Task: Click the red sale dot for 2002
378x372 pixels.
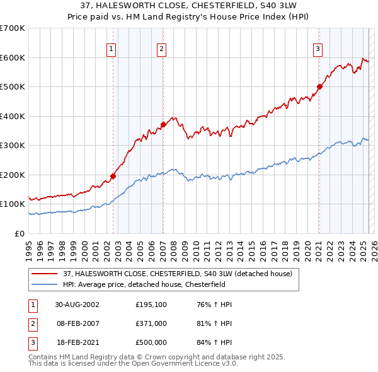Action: click(x=113, y=176)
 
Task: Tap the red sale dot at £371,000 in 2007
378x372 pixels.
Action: click(x=163, y=125)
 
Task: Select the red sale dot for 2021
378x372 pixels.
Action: click(x=319, y=87)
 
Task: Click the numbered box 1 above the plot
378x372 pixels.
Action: click(x=111, y=48)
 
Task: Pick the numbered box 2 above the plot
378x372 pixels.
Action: click(x=161, y=48)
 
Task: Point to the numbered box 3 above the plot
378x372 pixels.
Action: click(x=318, y=48)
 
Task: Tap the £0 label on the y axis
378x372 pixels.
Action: click(x=20, y=233)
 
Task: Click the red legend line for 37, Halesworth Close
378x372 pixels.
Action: click(x=44, y=274)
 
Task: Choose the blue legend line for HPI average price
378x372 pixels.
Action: click(x=44, y=284)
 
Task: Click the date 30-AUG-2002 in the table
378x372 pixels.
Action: click(x=77, y=305)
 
